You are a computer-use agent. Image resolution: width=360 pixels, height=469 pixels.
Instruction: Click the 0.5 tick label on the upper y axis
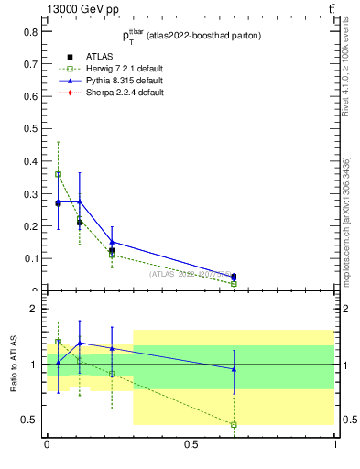[33, 128]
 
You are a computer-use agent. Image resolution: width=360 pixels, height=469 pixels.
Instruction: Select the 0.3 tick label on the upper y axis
[33, 193]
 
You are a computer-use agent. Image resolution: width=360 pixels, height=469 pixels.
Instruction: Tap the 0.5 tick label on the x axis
[191, 444]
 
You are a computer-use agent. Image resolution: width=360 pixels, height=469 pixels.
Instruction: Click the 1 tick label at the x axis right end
[335, 444]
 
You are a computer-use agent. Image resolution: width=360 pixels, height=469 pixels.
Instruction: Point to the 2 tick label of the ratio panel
[35, 309]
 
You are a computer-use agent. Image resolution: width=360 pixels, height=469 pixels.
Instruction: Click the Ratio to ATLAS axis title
[15, 365]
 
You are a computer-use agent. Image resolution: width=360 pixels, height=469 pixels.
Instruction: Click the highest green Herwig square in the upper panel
[58, 174]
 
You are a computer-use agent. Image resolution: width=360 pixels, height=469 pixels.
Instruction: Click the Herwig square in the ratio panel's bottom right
[234, 424]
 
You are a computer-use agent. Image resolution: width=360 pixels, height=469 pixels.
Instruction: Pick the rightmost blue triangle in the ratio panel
[234, 369]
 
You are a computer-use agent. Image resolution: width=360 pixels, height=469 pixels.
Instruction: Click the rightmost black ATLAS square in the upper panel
[234, 277]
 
